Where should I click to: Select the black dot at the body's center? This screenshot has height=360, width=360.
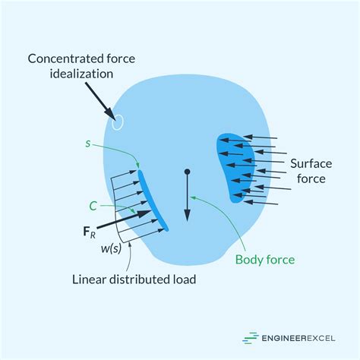tap(187, 173)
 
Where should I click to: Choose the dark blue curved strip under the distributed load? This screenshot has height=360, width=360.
tap(152, 199)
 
